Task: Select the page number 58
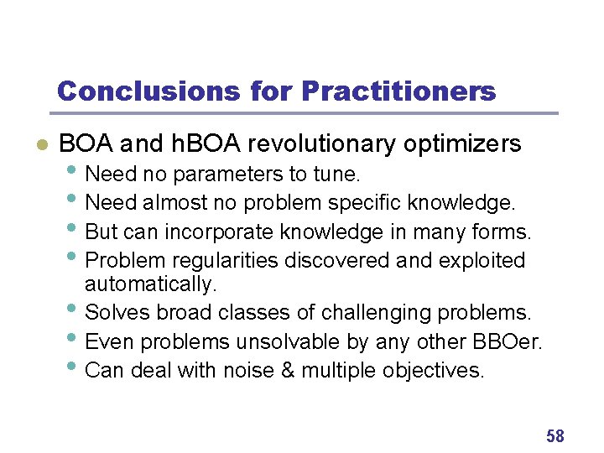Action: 555,435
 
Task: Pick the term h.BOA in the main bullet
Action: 205,144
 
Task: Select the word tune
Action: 340,175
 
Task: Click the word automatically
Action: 151,284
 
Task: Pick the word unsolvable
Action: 283,341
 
